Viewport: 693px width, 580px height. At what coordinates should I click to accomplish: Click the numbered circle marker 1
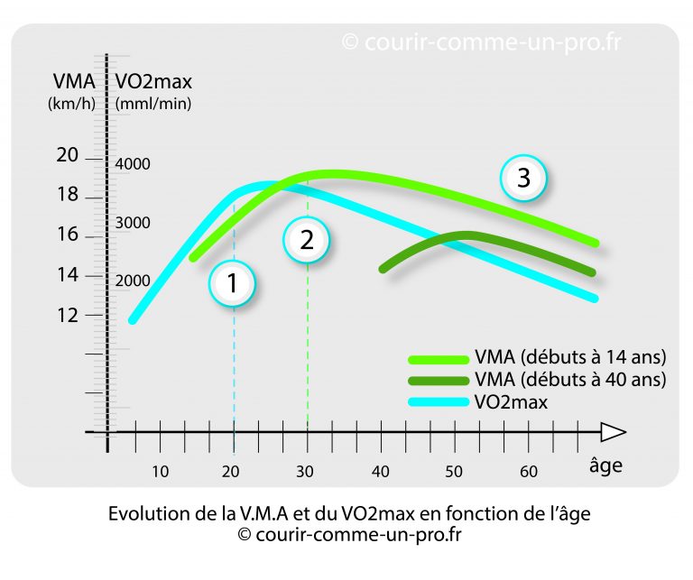pos(233,283)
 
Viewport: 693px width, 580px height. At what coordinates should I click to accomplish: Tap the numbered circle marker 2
pos(307,240)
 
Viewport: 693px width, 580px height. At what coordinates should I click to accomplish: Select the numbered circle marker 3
pos(523,179)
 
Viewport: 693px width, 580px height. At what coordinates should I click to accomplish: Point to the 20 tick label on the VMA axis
pos(68,156)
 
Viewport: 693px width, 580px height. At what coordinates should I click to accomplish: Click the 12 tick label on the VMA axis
pos(68,315)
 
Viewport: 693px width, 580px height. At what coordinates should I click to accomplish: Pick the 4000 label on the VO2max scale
pos(133,164)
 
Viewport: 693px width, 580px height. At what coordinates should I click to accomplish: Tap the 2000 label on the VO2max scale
pos(133,281)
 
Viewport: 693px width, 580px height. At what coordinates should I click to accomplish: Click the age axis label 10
pos(160,471)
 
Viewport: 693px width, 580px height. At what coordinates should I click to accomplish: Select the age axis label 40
pos(381,471)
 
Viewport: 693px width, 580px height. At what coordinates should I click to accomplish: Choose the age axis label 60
pos(529,471)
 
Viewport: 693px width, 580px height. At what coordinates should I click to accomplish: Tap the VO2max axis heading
pos(153,82)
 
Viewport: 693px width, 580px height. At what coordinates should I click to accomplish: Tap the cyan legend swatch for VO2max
pos(437,401)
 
